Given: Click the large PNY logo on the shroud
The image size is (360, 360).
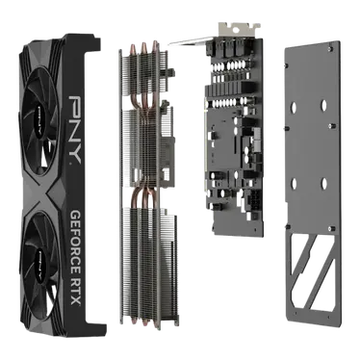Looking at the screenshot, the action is pos(74,129).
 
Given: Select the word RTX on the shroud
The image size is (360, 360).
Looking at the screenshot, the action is pos(75,294).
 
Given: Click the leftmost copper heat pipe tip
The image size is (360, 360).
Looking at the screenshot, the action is pos(132,49).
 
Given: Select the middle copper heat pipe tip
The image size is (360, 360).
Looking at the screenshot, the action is pos(143,47).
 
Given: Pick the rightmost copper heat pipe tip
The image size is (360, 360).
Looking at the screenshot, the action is pos(155,46).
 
